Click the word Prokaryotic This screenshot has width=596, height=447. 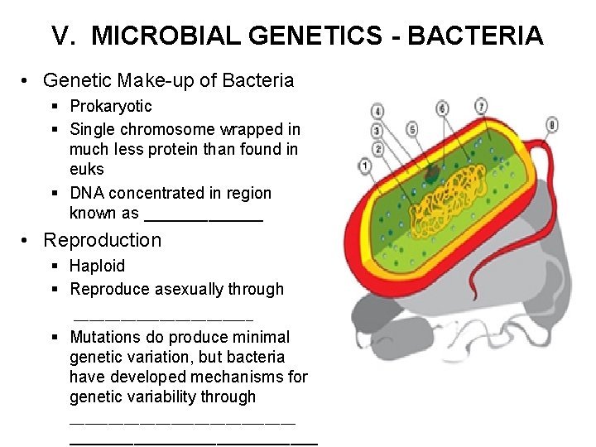(111, 106)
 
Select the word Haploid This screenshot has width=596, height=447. (97, 266)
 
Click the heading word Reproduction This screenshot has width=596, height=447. (102, 240)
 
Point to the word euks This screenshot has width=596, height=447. (86, 170)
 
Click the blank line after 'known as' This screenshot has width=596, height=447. (204, 214)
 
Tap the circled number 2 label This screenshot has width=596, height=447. (378, 150)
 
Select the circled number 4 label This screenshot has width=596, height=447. (377, 111)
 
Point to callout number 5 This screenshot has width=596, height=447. (411, 128)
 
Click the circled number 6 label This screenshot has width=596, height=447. (442, 108)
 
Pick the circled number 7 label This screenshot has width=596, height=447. (482, 106)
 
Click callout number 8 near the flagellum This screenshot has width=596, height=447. (553, 125)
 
